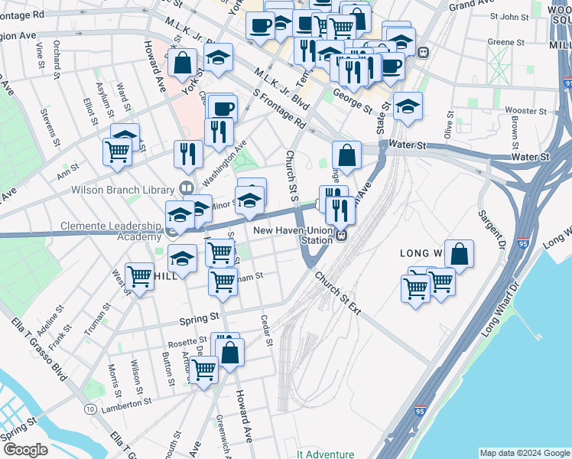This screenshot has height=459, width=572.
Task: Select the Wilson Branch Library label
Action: (x=125, y=189)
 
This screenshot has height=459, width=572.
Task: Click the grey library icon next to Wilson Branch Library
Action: (x=185, y=188)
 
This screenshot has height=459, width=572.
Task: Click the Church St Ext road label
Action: (x=336, y=294)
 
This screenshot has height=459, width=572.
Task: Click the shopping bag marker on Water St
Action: (x=346, y=155)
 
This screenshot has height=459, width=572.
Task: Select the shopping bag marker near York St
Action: (x=184, y=63)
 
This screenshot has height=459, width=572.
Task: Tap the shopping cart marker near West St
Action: (x=139, y=277)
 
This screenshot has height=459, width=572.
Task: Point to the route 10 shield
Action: (x=91, y=410)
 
